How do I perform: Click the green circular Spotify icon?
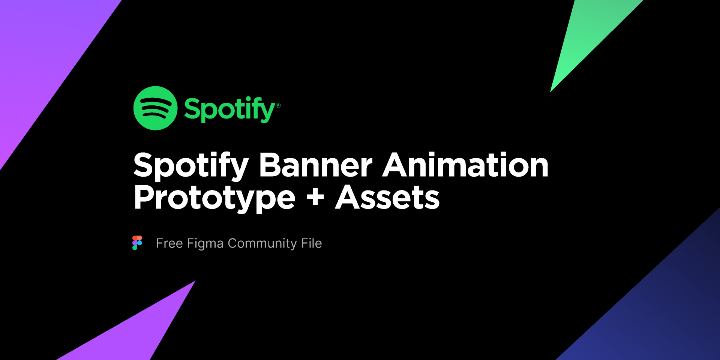pyautogui.click(x=155, y=108)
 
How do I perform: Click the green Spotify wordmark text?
pyautogui.click(x=230, y=109)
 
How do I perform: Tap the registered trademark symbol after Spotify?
pyautogui.click(x=278, y=105)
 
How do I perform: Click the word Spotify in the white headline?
pyautogui.click(x=191, y=165)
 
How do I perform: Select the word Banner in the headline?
pyautogui.click(x=316, y=165)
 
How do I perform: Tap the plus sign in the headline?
pyautogui.click(x=315, y=197)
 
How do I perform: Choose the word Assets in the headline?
pyautogui.click(x=387, y=197)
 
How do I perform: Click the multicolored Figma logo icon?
pyautogui.click(x=137, y=243)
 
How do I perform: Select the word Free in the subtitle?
pyautogui.click(x=169, y=243)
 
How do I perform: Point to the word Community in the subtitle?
pyautogui.click(x=262, y=244)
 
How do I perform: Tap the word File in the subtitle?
pyautogui.click(x=312, y=243)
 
